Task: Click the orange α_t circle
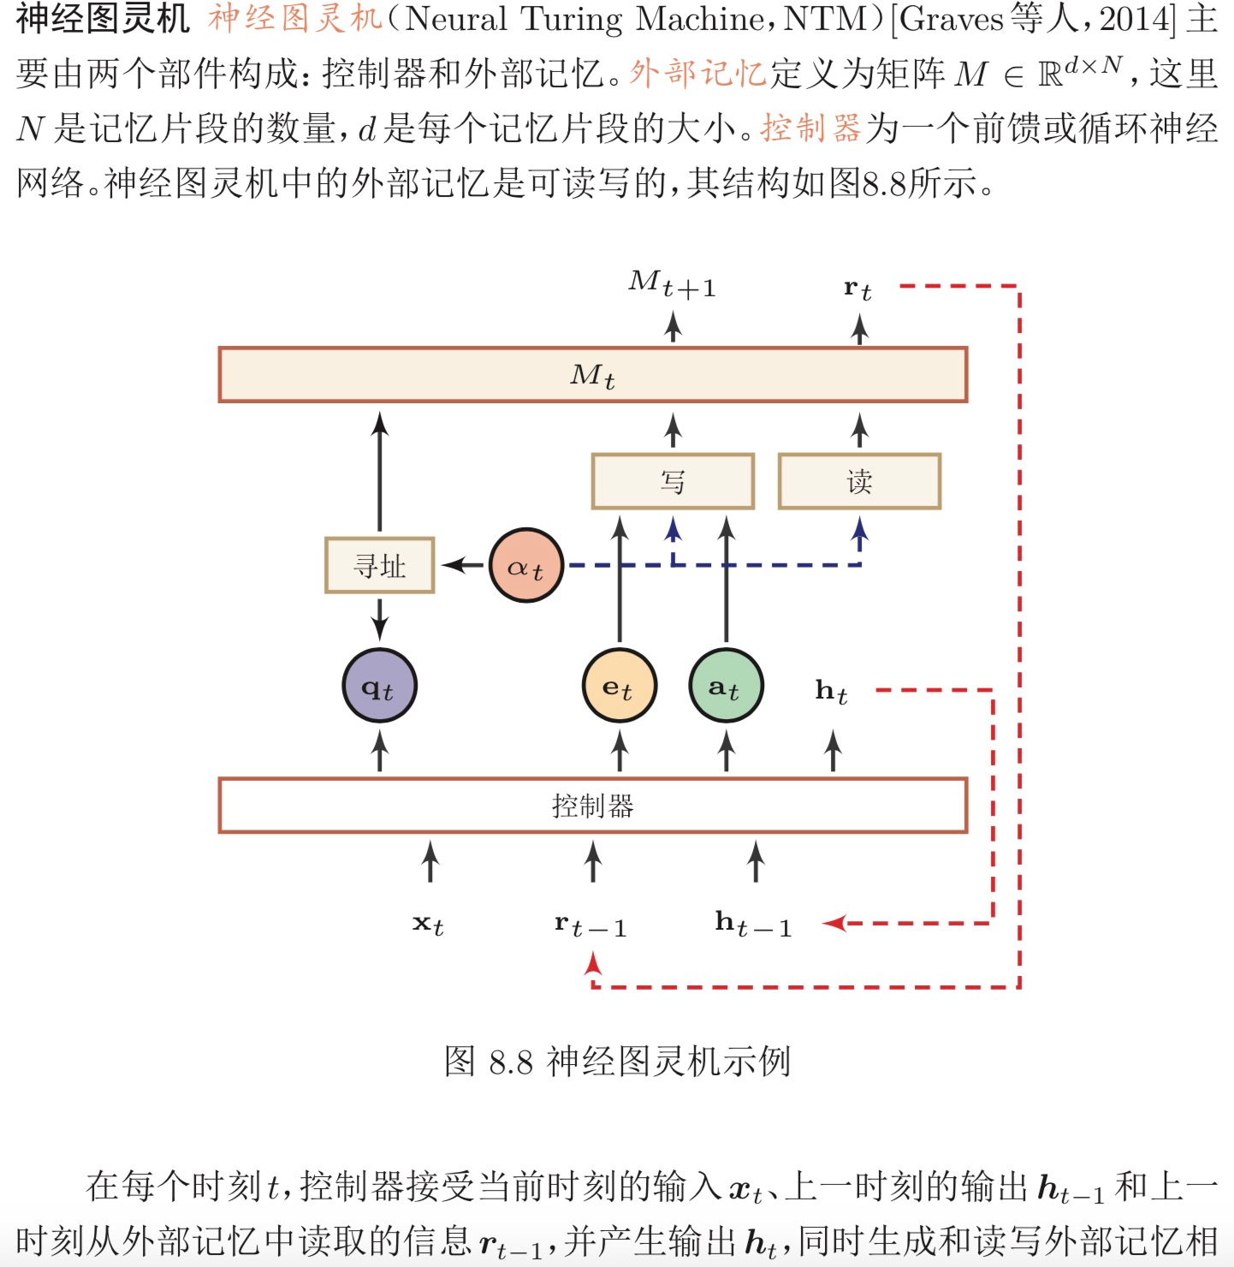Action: click(x=525, y=565)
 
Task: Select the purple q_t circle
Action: click(x=379, y=686)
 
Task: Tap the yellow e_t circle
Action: click(x=619, y=686)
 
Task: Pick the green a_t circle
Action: click(x=726, y=686)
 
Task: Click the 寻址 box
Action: click(x=379, y=565)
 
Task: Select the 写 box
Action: click(x=673, y=481)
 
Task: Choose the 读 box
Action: click(x=859, y=481)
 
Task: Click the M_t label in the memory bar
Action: click(x=592, y=375)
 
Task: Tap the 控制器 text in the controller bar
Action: click(x=592, y=806)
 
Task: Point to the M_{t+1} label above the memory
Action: click(x=672, y=284)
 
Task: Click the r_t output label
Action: click(x=857, y=289)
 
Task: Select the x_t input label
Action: click(x=428, y=925)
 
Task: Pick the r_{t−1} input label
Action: click(x=590, y=925)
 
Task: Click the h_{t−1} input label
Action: click(x=753, y=925)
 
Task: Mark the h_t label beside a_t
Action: click(x=831, y=691)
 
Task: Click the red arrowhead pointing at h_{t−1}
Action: click(x=834, y=923)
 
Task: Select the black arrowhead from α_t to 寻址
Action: click(x=452, y=565)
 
